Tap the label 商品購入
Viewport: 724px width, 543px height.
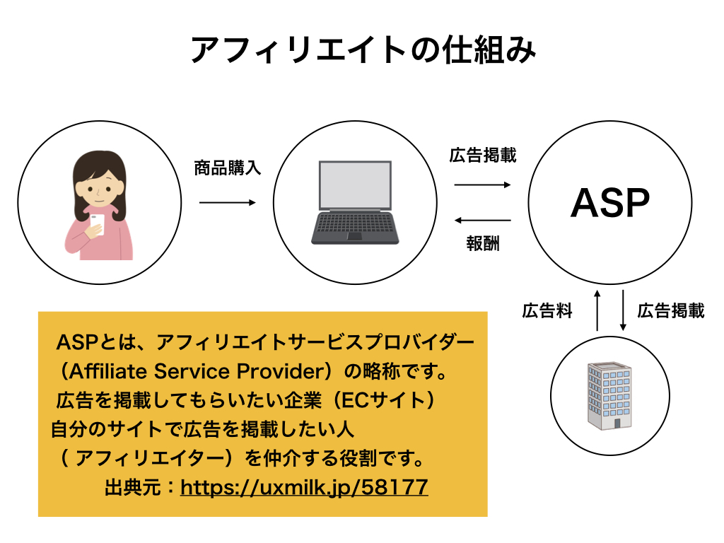(228, 168)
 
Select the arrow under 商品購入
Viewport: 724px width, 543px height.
(228, 203)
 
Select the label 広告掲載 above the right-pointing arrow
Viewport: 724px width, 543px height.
(483, 156)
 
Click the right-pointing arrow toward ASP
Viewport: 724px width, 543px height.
(483, 185)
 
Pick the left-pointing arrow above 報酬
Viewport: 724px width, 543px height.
(483, 220)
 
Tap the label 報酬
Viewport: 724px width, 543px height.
(483, 244)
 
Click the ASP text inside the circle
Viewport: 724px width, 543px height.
(609, 204)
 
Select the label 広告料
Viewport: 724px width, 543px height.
(547, 311)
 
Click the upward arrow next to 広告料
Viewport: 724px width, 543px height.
(597, 310)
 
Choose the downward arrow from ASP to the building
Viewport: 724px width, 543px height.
(623, 310)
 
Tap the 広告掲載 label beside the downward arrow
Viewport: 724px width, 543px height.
(670, 311)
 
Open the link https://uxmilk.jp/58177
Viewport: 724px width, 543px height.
(304, 487)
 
